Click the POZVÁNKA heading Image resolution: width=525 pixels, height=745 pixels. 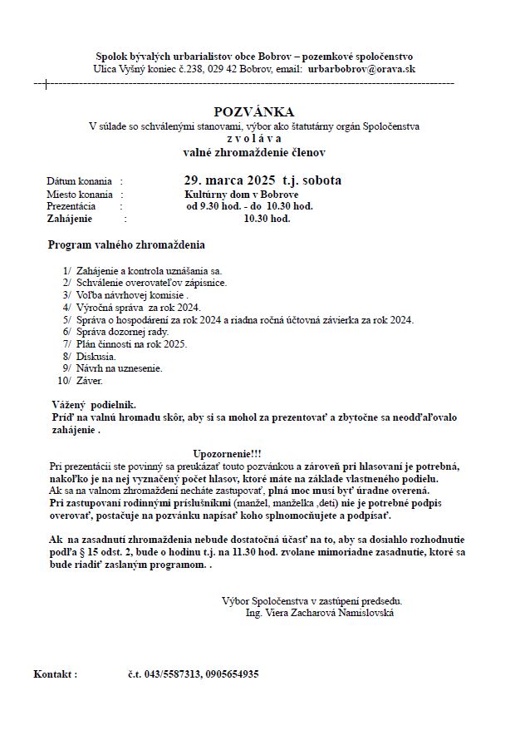(253, 111)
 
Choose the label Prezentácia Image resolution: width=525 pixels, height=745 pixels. (71, 205)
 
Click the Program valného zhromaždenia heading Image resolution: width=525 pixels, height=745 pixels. (126, 245)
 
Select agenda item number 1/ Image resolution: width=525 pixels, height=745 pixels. (66, 271)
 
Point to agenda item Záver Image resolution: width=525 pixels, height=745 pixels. (89, 381)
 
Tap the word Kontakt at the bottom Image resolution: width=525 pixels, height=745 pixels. (55, 674)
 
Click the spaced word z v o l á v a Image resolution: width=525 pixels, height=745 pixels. (253, 139)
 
